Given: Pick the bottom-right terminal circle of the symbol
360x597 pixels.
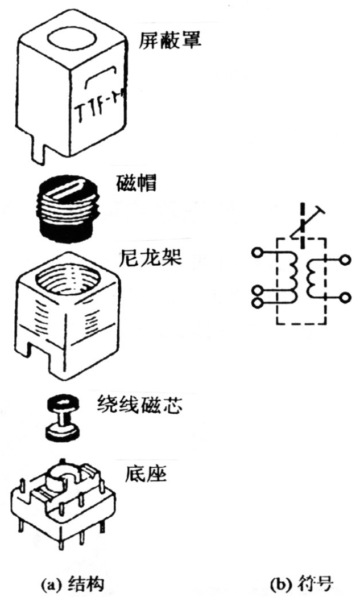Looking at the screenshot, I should coord(344,297).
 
